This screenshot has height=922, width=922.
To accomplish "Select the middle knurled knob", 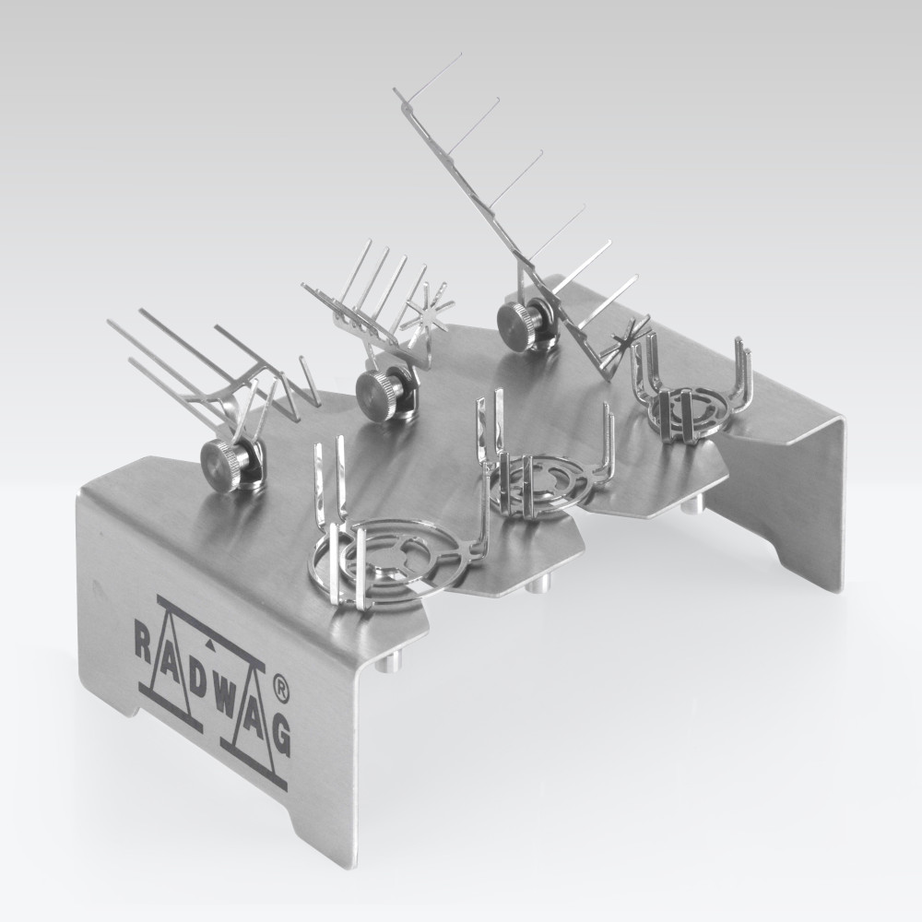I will coord(375,389).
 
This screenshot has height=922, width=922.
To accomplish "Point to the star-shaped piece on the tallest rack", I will coord(631,335).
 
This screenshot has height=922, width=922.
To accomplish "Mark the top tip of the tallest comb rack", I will coord(396,90).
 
